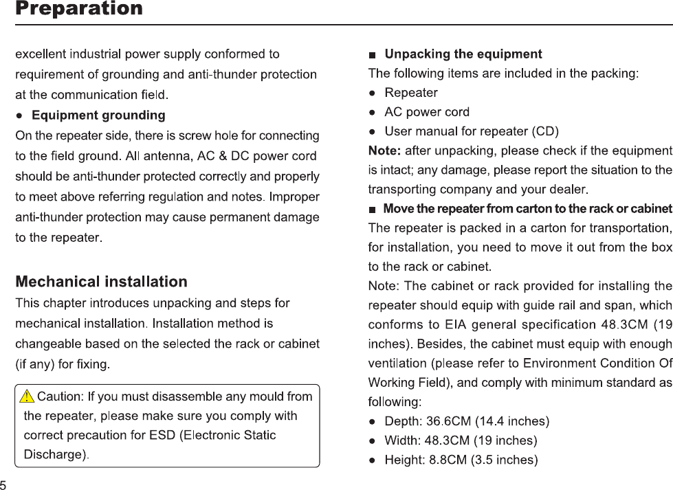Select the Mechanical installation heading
[x=102, y=282]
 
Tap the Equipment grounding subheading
[x=98, y=114]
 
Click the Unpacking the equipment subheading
[x=463, y=54]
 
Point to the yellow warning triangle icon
[x=27, y=397]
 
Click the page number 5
[x=4, y=484]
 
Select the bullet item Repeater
[x=410, y=92]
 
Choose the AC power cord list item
[x=427, y=111]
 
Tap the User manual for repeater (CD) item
[x=472, y=131]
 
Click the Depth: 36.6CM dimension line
[x=467, y=421]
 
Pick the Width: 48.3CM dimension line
[x=461, y=440]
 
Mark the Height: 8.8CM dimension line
[x=461, y=459]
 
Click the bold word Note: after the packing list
[x=385, y=150]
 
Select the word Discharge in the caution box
[x=56, y=454]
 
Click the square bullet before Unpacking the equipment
[x=373, y=54]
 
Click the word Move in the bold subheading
[x=397, y=208]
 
